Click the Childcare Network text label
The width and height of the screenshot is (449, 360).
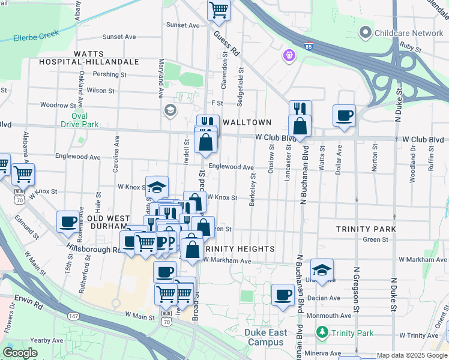pyautogui.click(x=408, y=32)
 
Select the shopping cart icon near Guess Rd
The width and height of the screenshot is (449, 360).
pyautogui.click(x=219, y=10)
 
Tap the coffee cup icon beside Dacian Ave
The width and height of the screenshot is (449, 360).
pyautogui.click(x=283, y=295)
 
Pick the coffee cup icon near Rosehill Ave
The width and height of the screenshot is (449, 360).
pyautogui.click(x=68, y=221)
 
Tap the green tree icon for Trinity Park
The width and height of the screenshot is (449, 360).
pyautogui.click(x=322, y=332)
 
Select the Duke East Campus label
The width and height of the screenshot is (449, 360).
pyautogui.click(x=265, y=337)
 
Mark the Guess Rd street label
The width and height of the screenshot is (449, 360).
pyautogui.click(x=226, y=44)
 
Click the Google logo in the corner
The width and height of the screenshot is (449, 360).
pyautogui.click(x=20, y=353)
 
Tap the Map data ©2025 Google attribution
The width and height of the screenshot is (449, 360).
pyautogui.click(x=411, y=355)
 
